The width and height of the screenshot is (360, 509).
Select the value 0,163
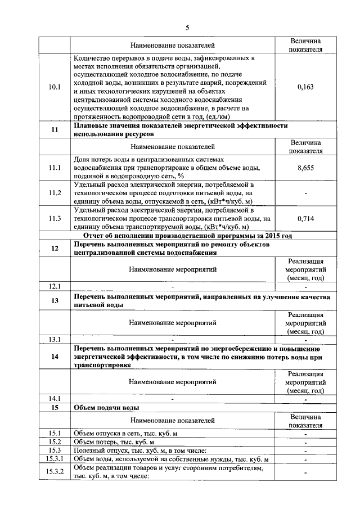[x=305, y=87]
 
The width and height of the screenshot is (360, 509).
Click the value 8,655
[x=305, y=168]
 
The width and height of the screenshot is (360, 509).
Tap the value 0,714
[x=305, y=219]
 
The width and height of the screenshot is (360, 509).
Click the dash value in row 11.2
[x=305, y=193]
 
